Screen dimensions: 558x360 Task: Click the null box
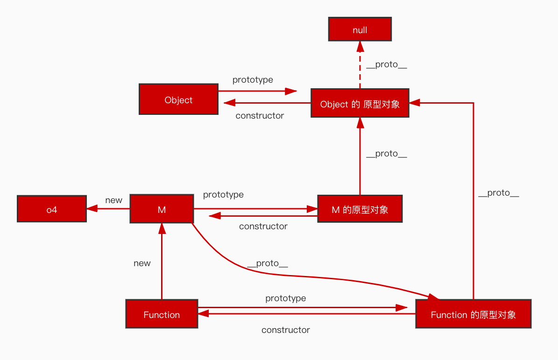tap(360, 29)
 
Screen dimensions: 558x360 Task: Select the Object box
tap(178, 99)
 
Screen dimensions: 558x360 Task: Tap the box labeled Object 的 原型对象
tap(360, 103)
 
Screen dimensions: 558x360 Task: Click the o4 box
tap(52, 209)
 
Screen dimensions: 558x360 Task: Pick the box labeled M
tap(162, 209)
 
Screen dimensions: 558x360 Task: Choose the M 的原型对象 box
tap(360, 209)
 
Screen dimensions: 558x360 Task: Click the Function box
tap(162, 314)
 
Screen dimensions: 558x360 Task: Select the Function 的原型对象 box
tap(473, 314)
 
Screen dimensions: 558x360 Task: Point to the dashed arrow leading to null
tap(360, 65)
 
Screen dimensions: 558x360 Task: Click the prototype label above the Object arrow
tap(253, 80)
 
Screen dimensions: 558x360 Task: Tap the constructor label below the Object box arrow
tap(260, 116)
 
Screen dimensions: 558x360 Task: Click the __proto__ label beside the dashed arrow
tap(387, 65)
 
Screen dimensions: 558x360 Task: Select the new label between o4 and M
tap(113, 200)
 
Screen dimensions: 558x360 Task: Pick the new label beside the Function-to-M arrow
tap(142, 263)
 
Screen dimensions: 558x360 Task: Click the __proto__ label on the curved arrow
tap(267, 264)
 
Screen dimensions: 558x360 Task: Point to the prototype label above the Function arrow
tap(285, 298)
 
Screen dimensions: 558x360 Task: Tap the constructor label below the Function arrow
tap(285, 330)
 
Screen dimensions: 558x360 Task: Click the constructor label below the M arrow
tap(263, 226)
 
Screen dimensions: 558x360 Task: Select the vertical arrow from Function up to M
tap(162, 261)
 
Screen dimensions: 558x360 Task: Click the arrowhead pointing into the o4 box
tap(92, 208)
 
